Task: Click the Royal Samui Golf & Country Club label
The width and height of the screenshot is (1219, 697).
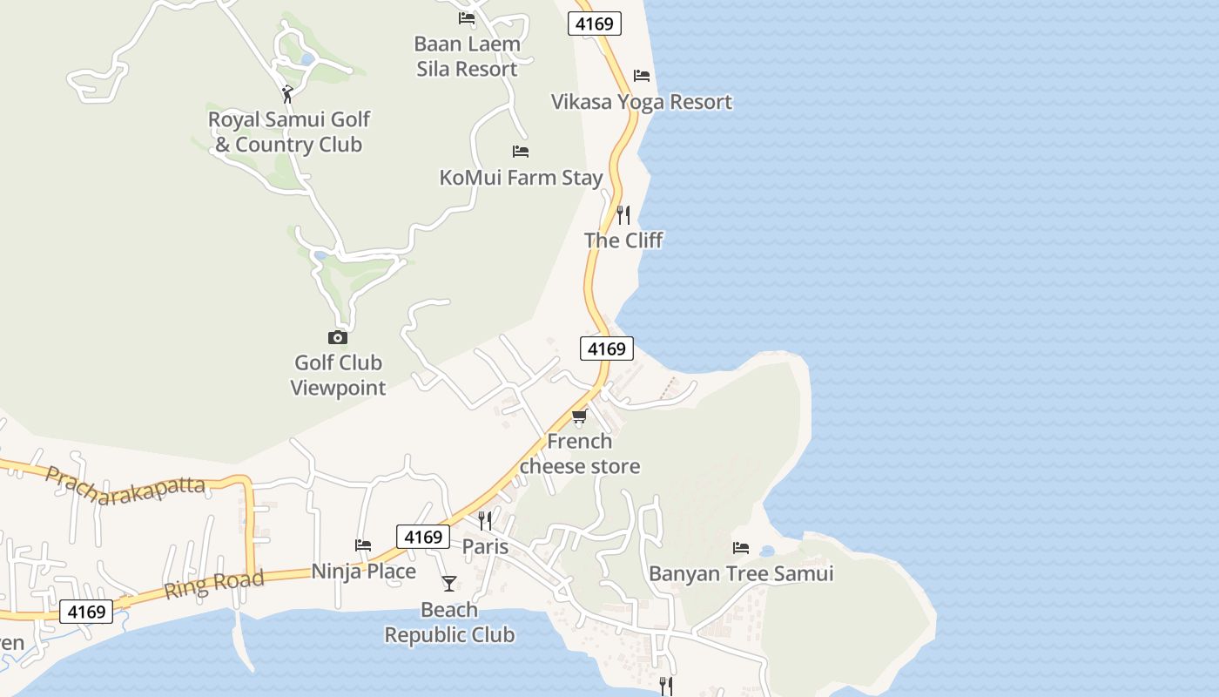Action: coord(288,132)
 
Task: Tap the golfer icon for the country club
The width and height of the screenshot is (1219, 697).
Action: coord(287,93)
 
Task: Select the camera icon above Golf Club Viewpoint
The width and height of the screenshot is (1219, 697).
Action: coord(337,337)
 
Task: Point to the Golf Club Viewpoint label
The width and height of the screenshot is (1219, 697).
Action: coord(338,376)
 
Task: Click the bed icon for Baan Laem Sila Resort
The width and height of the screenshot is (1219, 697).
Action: coord(467,18)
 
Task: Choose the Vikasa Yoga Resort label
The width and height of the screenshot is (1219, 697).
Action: coord(642,102)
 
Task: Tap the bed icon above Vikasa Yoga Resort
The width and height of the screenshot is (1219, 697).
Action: coord(642,76)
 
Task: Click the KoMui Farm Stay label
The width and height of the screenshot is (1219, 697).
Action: coord(521,178)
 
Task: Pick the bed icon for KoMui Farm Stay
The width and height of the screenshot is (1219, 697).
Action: coord(521,152)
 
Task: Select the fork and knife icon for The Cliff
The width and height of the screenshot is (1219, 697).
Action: coord(623,214)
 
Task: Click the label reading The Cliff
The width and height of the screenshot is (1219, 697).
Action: coord(623,240)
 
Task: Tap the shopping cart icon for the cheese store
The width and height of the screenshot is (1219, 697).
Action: coord(580,416)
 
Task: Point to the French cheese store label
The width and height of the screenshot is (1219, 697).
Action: coord(580,454)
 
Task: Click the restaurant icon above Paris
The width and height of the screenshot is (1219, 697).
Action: coord(485,521)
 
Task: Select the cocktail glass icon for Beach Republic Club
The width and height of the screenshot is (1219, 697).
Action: coord(449,584)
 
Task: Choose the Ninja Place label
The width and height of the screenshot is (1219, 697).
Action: coord(364,572)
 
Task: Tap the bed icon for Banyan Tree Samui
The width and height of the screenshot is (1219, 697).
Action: coord(741,548)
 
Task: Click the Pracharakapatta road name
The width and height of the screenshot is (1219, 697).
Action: coord(125,485)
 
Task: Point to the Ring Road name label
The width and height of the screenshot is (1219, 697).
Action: coord(213,585)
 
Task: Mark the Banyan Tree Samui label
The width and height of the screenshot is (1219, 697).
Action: coord(741,574)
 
